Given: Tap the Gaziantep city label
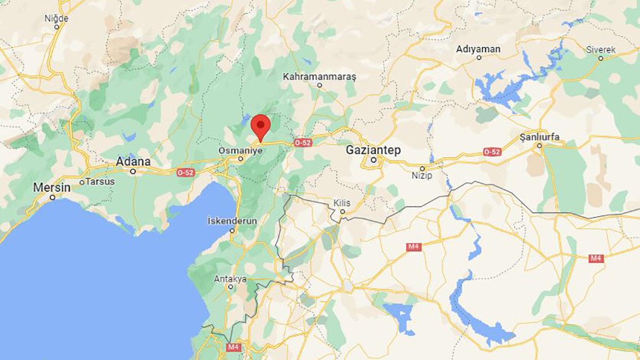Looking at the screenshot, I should (373, 150).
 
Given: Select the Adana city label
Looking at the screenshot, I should (133, 162).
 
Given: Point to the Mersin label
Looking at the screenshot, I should (52, 188).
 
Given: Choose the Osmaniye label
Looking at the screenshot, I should (241, 151).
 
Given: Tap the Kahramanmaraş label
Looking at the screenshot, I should (319, 77).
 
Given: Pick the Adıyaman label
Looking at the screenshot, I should (478, 49).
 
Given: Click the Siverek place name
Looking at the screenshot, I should (601, 50).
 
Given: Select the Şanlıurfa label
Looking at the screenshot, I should (540, 137).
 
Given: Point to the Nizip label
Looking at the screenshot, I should (422, 175).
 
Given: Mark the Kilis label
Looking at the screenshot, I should (342, 203).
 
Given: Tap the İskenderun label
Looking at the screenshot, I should (232, 221).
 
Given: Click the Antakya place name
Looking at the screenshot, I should (230, 278).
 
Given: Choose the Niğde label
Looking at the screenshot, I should (57, 18).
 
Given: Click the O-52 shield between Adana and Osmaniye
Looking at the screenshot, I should (186, 172).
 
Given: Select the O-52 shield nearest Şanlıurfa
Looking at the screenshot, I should (492, 152).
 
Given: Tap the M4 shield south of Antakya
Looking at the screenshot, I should (234, 347).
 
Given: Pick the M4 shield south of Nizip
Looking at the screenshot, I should (414, 246).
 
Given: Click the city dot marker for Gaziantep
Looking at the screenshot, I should (374, 159).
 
